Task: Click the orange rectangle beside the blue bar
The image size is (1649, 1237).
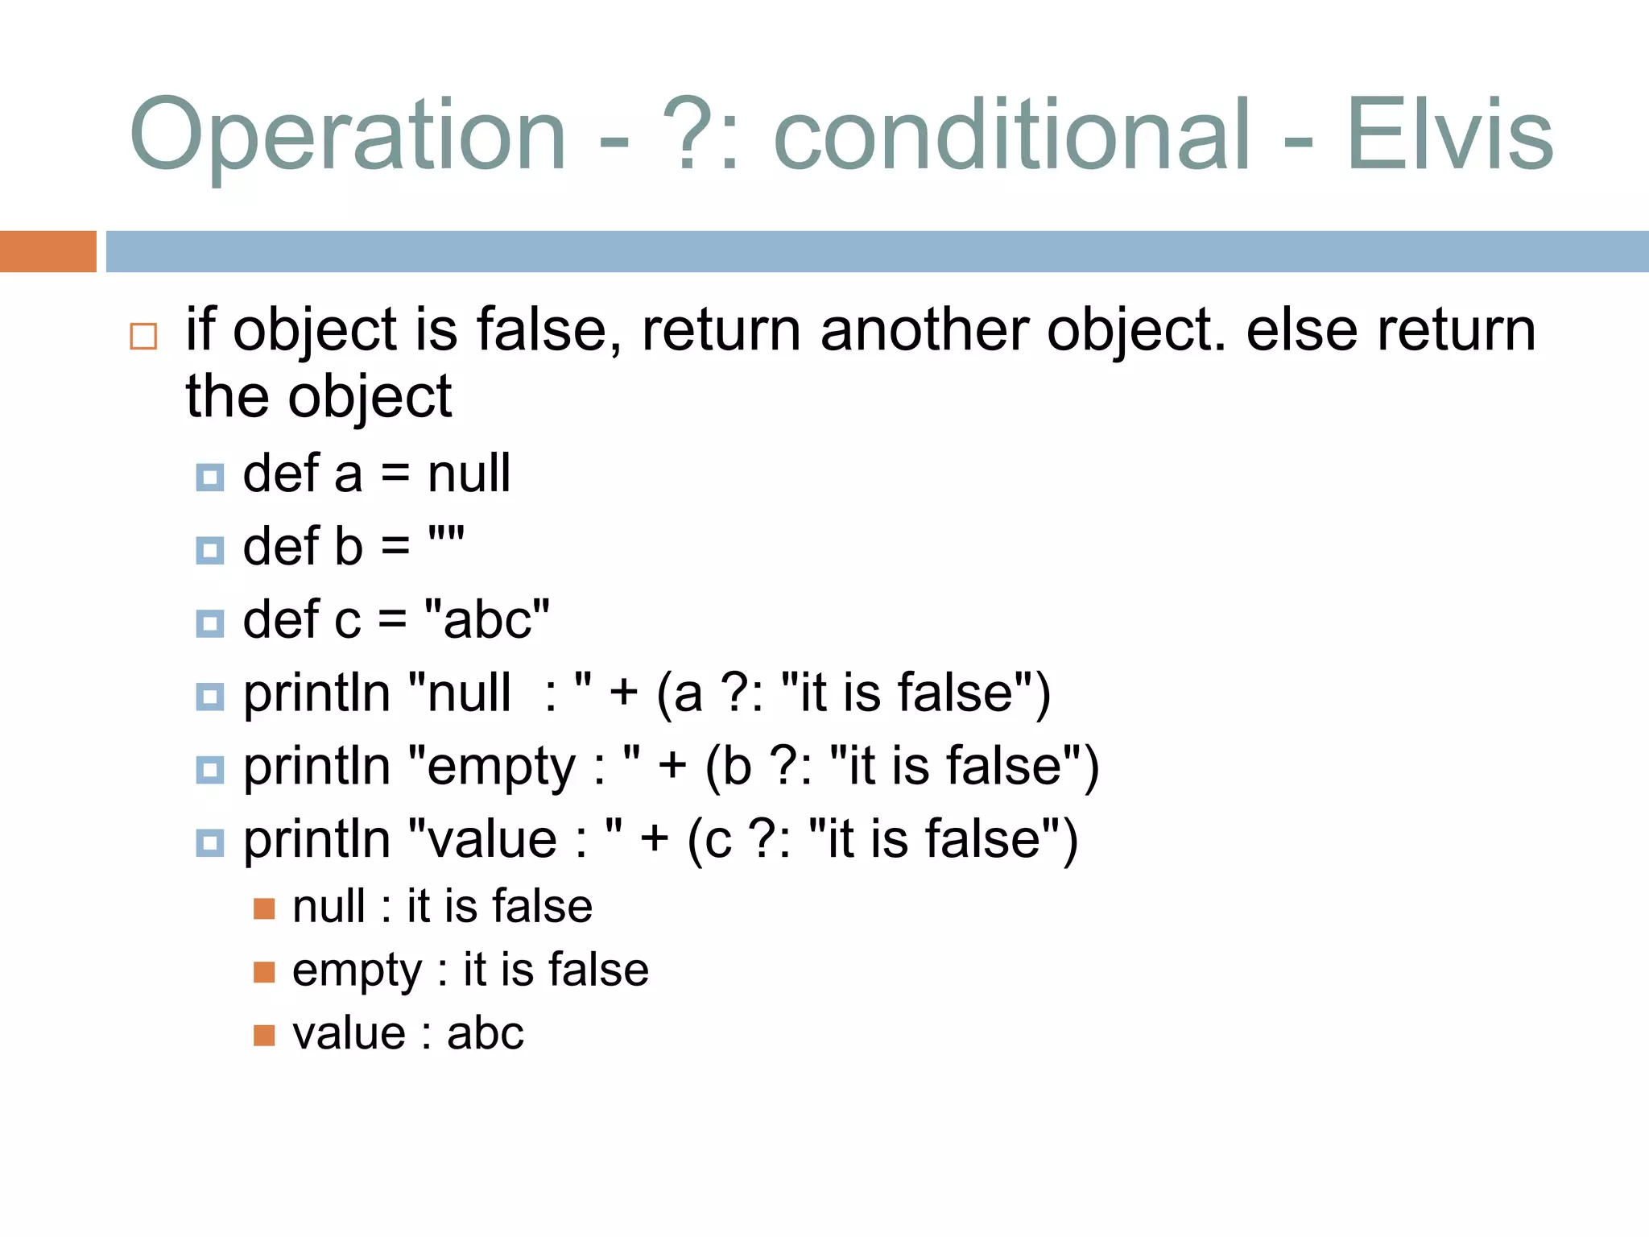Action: pyautogui.click(x=48, y=251)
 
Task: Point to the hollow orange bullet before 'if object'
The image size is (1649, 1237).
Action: pyautogui.click(x=143, y=336)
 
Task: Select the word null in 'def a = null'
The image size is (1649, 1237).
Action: pyautogui.click(x=469, y=473)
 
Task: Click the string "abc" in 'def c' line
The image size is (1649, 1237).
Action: pyautogui.click(x=486, y=619)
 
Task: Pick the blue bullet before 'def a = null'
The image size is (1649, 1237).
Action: pyautogui.click(x=210, y=478)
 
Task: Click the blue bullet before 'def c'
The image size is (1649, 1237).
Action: pyautogui.click(x=210, y=623)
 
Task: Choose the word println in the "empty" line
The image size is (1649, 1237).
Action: pyautogui.click(x=316, y=766)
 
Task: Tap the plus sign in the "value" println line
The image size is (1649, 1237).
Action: pyautogui.click(x=655, y=838)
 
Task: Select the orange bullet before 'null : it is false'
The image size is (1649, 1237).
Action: pyautogui.click(x=264, y=908)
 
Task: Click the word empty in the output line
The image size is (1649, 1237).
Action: pyautogui.click(x=357, y=970)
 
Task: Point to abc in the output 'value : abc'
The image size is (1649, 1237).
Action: pyautogui.click(x=485, y=1033)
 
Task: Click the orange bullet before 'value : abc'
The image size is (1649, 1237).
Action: pyautogui.click(x=264, y=1035)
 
